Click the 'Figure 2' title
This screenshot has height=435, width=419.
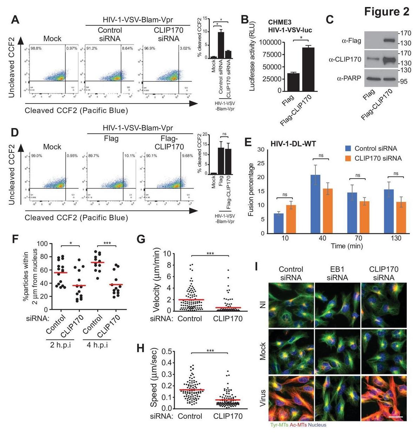386,12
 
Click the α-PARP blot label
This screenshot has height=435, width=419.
349,78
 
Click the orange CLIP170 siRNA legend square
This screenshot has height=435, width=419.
348,158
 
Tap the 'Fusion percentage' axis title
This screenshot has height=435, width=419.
251,189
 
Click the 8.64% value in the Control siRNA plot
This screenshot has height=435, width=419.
127,48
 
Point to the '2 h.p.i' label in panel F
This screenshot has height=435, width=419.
60,345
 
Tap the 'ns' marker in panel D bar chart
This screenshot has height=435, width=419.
225,134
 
